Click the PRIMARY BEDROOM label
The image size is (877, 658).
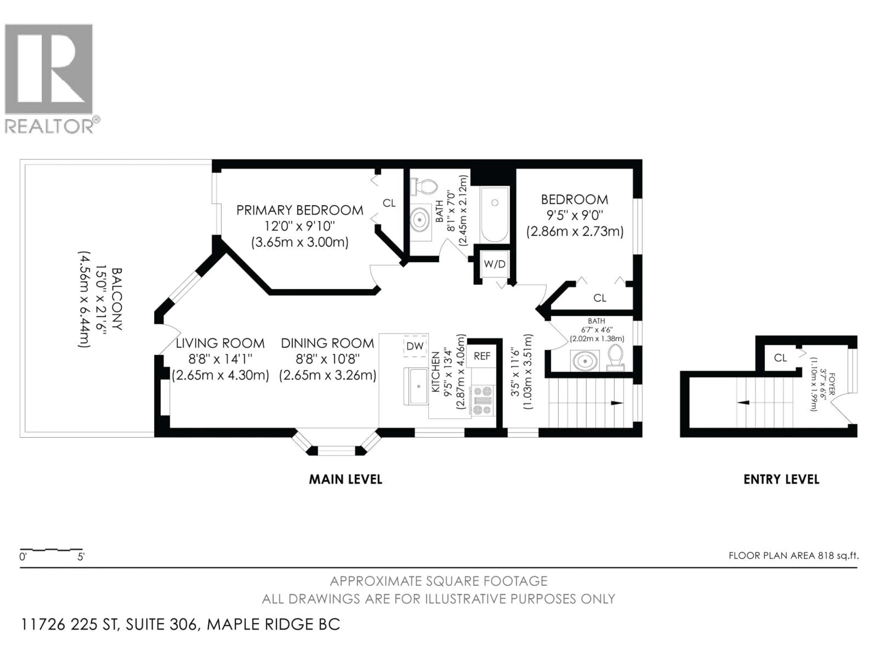coord(300,210)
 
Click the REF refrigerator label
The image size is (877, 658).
coord(482,356)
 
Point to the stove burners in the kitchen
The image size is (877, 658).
coord(483,401)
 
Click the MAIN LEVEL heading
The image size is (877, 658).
coord(345,479)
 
